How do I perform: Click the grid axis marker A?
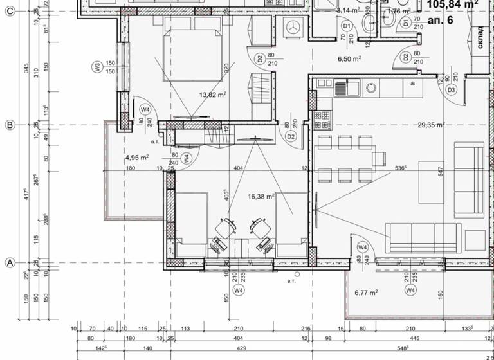(10, 262)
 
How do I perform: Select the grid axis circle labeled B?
(10, 125)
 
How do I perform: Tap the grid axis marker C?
(10, 17)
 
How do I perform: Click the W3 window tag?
(96, 66)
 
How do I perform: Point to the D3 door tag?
(452, 90)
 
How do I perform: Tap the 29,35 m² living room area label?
(431, 125)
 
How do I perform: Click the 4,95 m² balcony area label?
(137, 157)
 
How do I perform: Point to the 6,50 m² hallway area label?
(349, 59)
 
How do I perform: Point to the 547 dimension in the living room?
(441, 171)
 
